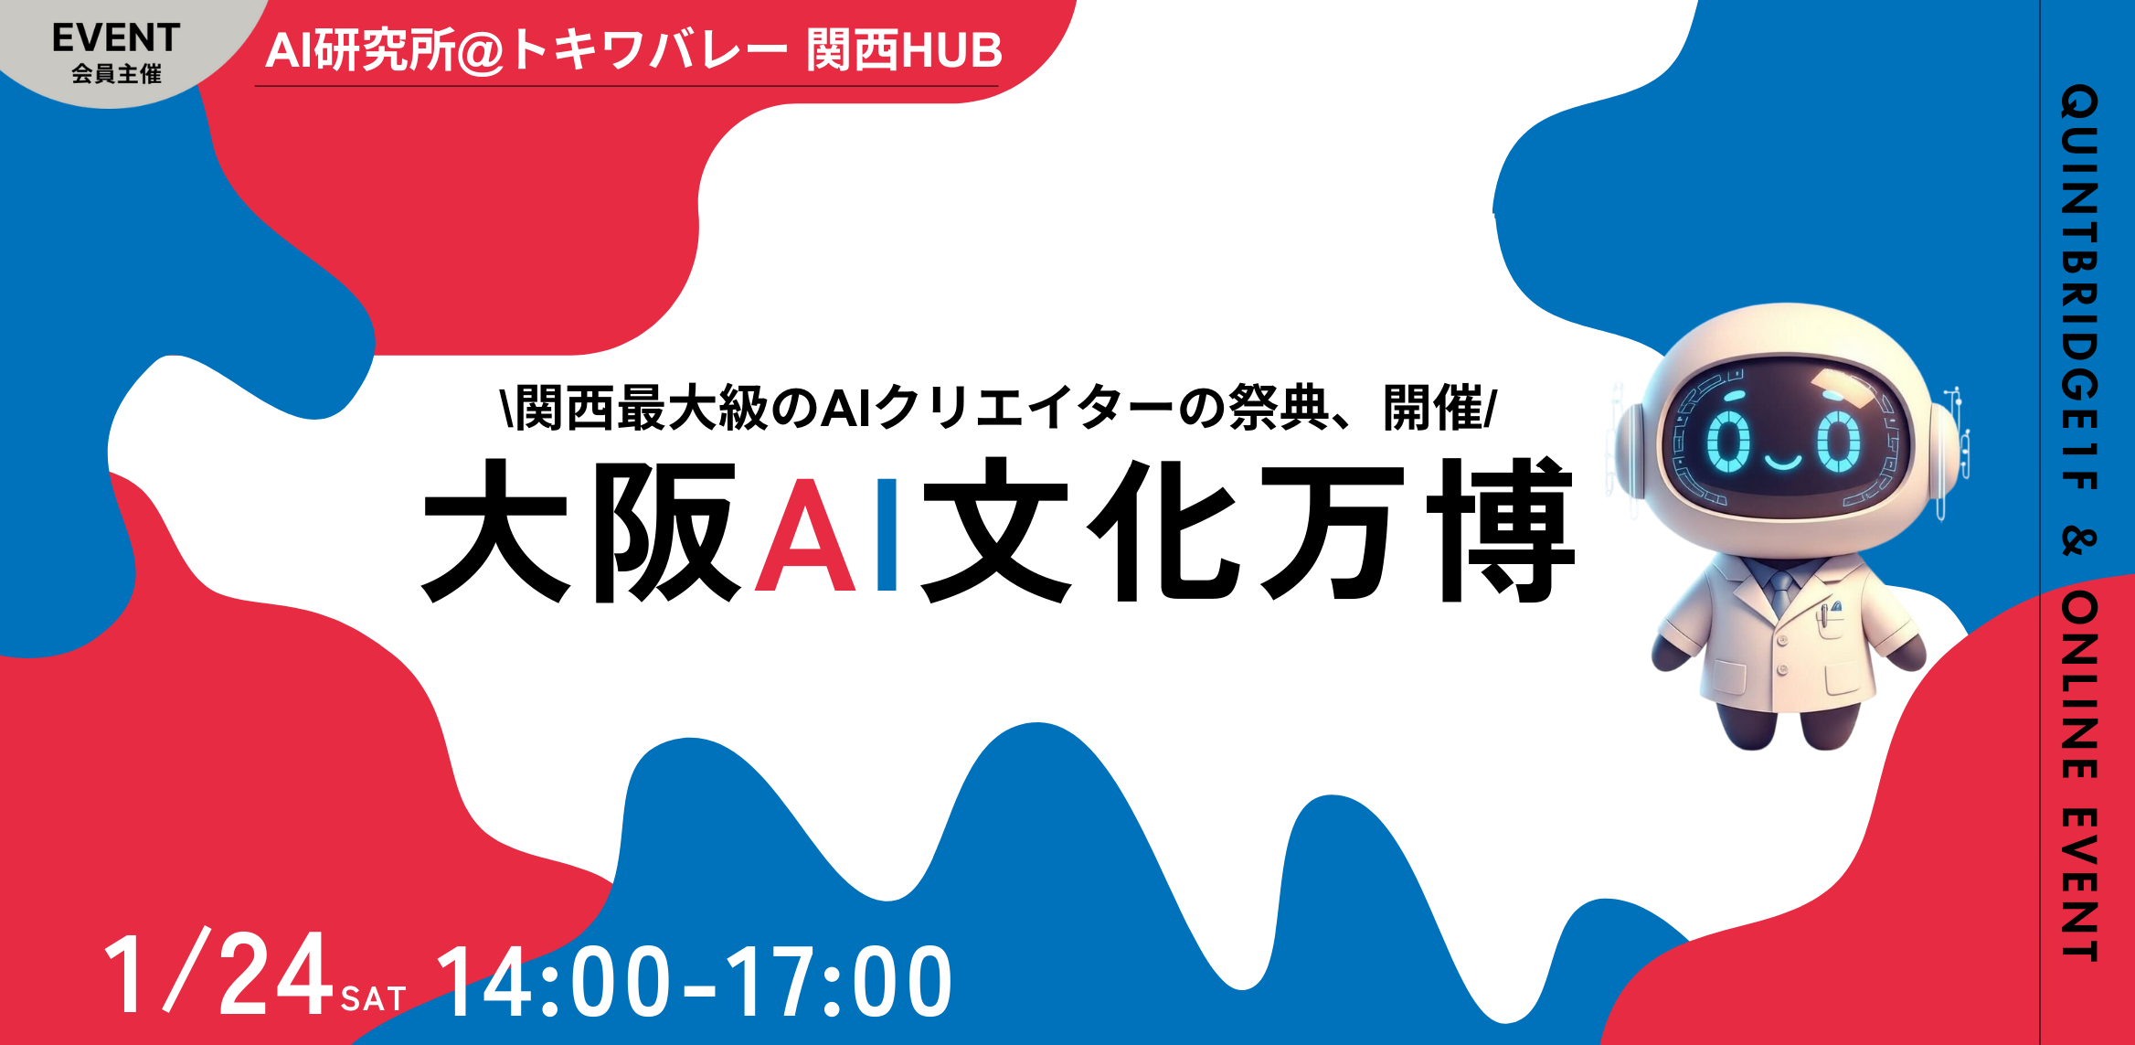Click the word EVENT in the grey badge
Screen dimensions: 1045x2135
click(x=116, y=38)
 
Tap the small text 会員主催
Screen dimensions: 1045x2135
click(x=116, y=74)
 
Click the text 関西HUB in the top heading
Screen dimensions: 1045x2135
click(x=904, y=50)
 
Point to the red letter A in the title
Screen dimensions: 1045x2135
click(x=805, y=536)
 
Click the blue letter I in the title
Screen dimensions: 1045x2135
click(x=886, y=536)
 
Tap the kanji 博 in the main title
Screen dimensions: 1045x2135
click(x=1500, y=530)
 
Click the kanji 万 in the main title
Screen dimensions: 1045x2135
click(x=1331, y=530)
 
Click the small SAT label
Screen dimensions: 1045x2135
click(x=373, y=999)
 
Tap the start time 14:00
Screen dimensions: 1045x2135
click(x=553, y=982)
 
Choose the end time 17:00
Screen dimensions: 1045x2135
click(x=839, y=982)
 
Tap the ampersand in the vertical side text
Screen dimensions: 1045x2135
click(x=2079, y=540)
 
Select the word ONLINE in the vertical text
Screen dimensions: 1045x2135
click(x=2079, y=685)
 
